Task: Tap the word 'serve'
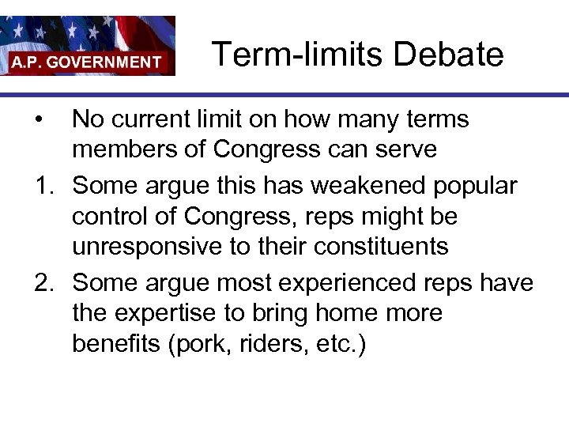[405, 150]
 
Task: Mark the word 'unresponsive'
[148, 247]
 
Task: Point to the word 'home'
[352, 314]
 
